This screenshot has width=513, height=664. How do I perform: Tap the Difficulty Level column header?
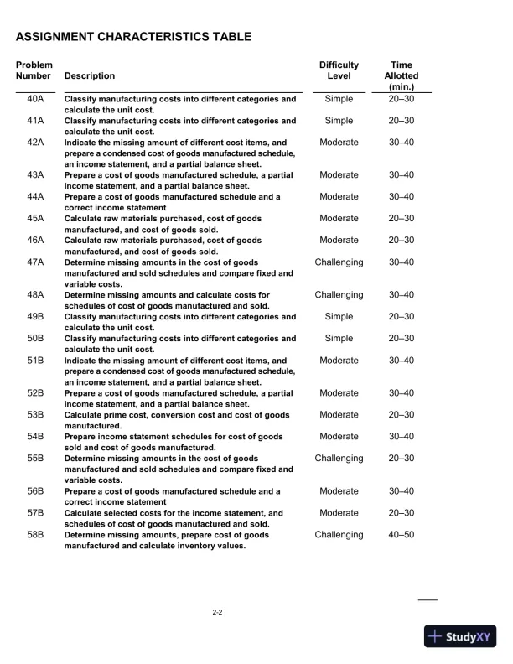point(339,70)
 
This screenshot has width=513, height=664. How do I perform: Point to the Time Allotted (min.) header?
point(402,75)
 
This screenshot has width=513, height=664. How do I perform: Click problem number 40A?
point(35,99)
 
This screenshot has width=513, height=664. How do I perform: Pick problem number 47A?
point(35,262)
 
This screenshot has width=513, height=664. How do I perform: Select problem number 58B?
point(35,535)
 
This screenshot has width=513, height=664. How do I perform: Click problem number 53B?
point(35,415)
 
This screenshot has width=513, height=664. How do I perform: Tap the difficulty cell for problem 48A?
point(339,295)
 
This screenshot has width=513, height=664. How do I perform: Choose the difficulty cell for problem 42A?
point(339,143)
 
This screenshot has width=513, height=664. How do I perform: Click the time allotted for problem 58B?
point(402,535)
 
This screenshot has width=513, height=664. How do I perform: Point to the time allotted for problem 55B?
point(402,459)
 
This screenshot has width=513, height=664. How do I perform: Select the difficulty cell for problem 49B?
point(339,317)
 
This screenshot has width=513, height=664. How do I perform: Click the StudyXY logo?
point(461,636)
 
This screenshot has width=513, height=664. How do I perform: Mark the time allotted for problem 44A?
point(402,197)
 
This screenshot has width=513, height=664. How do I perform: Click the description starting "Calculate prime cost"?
point(177,420)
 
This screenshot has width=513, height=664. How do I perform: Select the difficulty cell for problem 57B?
point(339,513)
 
